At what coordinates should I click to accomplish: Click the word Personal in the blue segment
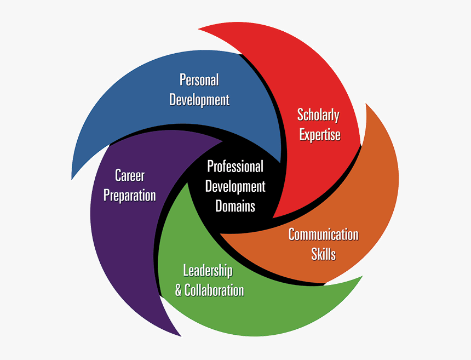199,80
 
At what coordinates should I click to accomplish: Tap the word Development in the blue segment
199,100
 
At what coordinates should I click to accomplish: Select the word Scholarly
318,115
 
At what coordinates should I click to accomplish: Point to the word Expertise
320,135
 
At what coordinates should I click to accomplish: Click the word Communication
323,235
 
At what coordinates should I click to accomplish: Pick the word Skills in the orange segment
323,254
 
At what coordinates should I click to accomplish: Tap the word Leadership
208,270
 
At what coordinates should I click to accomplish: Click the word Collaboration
214,290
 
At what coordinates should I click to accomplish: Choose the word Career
130,175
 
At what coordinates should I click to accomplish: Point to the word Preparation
130,196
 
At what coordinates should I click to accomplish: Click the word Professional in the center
235,167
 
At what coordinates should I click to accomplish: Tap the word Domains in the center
235,206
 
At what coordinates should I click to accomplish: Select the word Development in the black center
235,186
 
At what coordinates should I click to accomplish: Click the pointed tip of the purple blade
180,335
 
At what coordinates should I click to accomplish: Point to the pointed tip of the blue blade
72,179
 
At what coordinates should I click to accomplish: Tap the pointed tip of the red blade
198,26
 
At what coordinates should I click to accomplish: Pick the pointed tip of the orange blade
366,102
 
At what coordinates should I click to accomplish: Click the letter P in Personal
182,80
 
